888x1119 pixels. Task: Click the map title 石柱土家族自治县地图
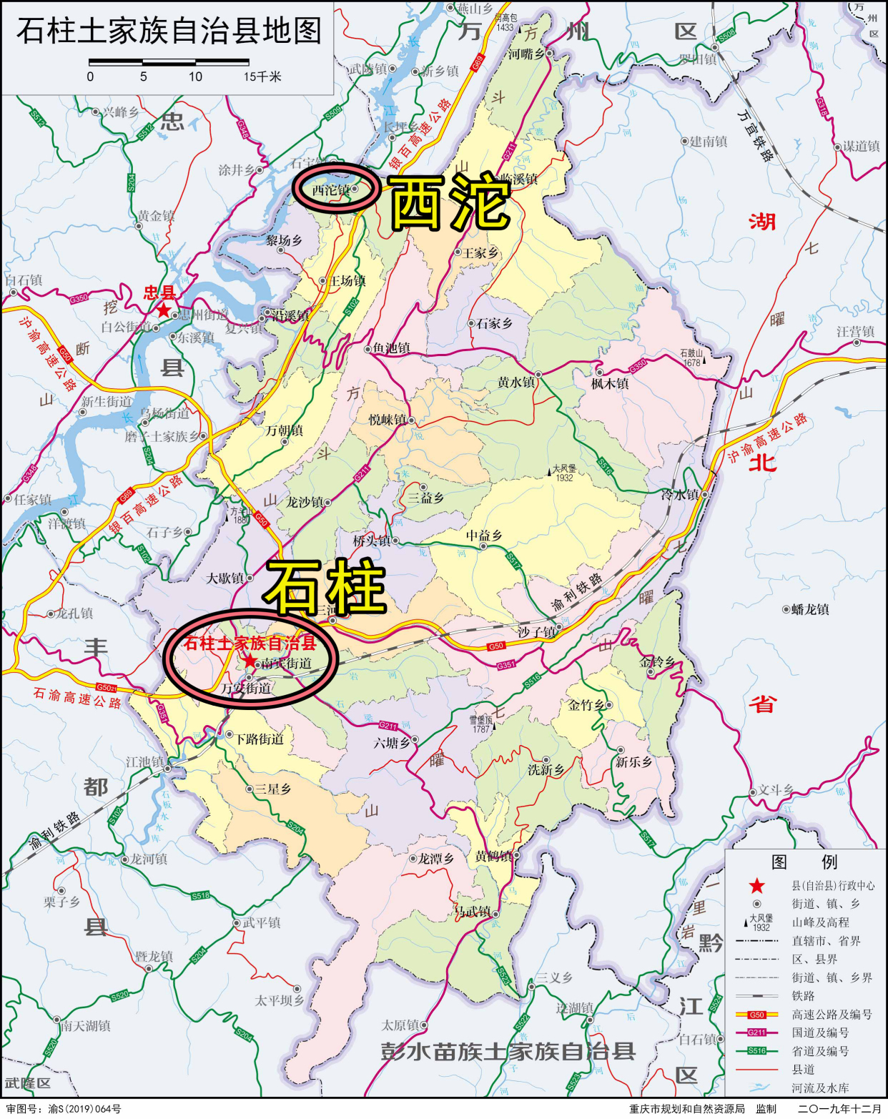169,31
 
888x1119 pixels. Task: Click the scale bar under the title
169,63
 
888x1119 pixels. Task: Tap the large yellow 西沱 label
450,203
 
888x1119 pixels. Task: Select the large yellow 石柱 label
325,587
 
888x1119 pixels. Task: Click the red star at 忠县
164,310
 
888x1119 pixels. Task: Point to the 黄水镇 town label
515,383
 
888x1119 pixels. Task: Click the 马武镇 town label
473,912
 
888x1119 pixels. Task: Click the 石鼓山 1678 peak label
691,358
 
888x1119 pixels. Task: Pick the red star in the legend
756,887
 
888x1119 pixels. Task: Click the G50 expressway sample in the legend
756,1015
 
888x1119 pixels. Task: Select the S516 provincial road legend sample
756,1051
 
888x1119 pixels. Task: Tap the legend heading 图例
804,862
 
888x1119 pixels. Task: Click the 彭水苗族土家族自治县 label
508,1052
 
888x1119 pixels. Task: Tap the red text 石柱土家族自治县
250,644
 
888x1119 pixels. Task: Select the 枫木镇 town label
610,384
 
